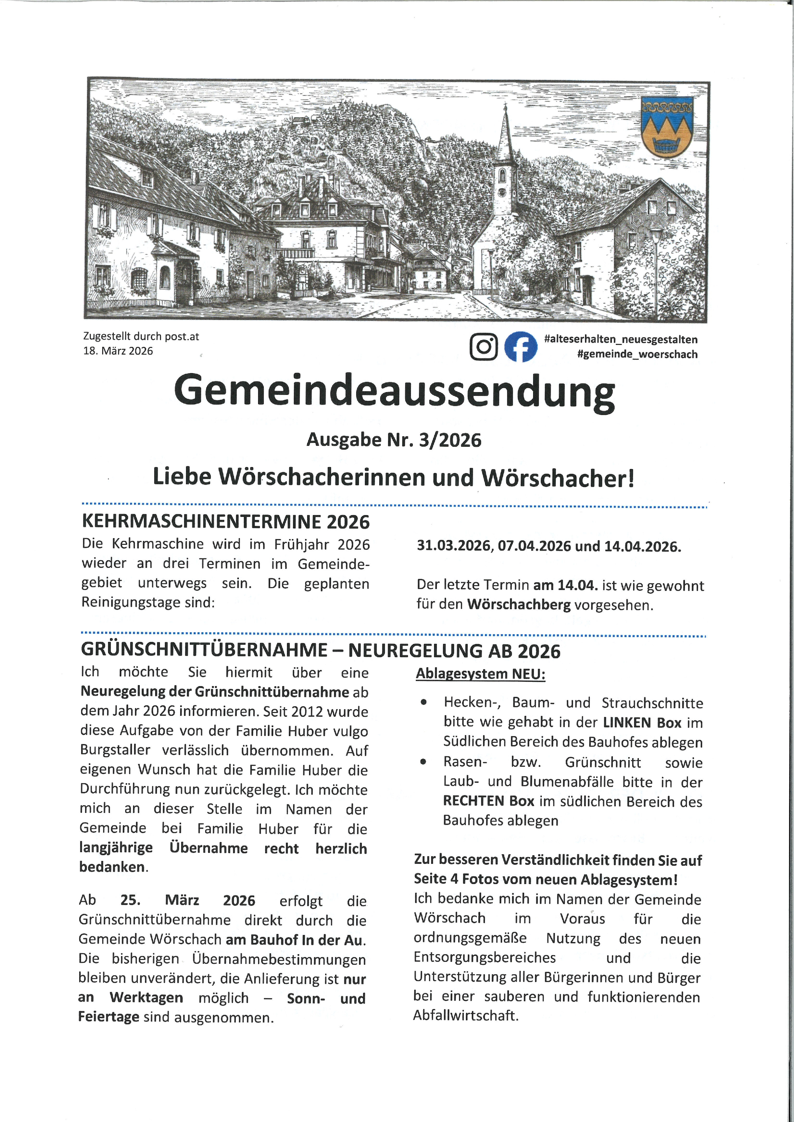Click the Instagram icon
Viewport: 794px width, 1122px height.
(483, 347)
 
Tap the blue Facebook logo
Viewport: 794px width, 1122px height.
(520, 347)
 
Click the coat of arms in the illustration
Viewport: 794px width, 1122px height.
(666, 127)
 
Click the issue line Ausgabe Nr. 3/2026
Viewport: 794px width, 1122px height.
(394, 440)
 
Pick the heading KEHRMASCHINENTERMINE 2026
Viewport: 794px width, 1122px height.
(226, 522)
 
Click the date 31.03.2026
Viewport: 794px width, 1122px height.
(454, 546)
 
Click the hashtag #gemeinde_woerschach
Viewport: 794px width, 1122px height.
(637, 354)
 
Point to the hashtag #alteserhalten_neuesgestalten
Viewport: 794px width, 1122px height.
(621, 339)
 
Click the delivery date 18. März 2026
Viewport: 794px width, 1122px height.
(118, 351)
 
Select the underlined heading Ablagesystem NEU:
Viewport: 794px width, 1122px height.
(480, 674)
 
